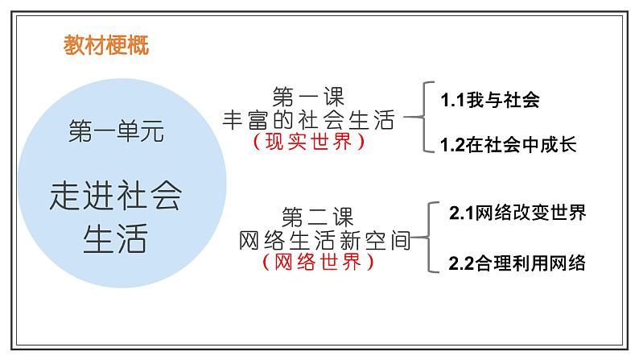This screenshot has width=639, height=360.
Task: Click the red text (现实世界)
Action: click(x=308, y=142)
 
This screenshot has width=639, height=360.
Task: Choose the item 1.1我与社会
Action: click(x=489, y=101)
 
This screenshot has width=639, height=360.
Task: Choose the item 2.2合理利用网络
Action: click(x=517, y=263)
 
